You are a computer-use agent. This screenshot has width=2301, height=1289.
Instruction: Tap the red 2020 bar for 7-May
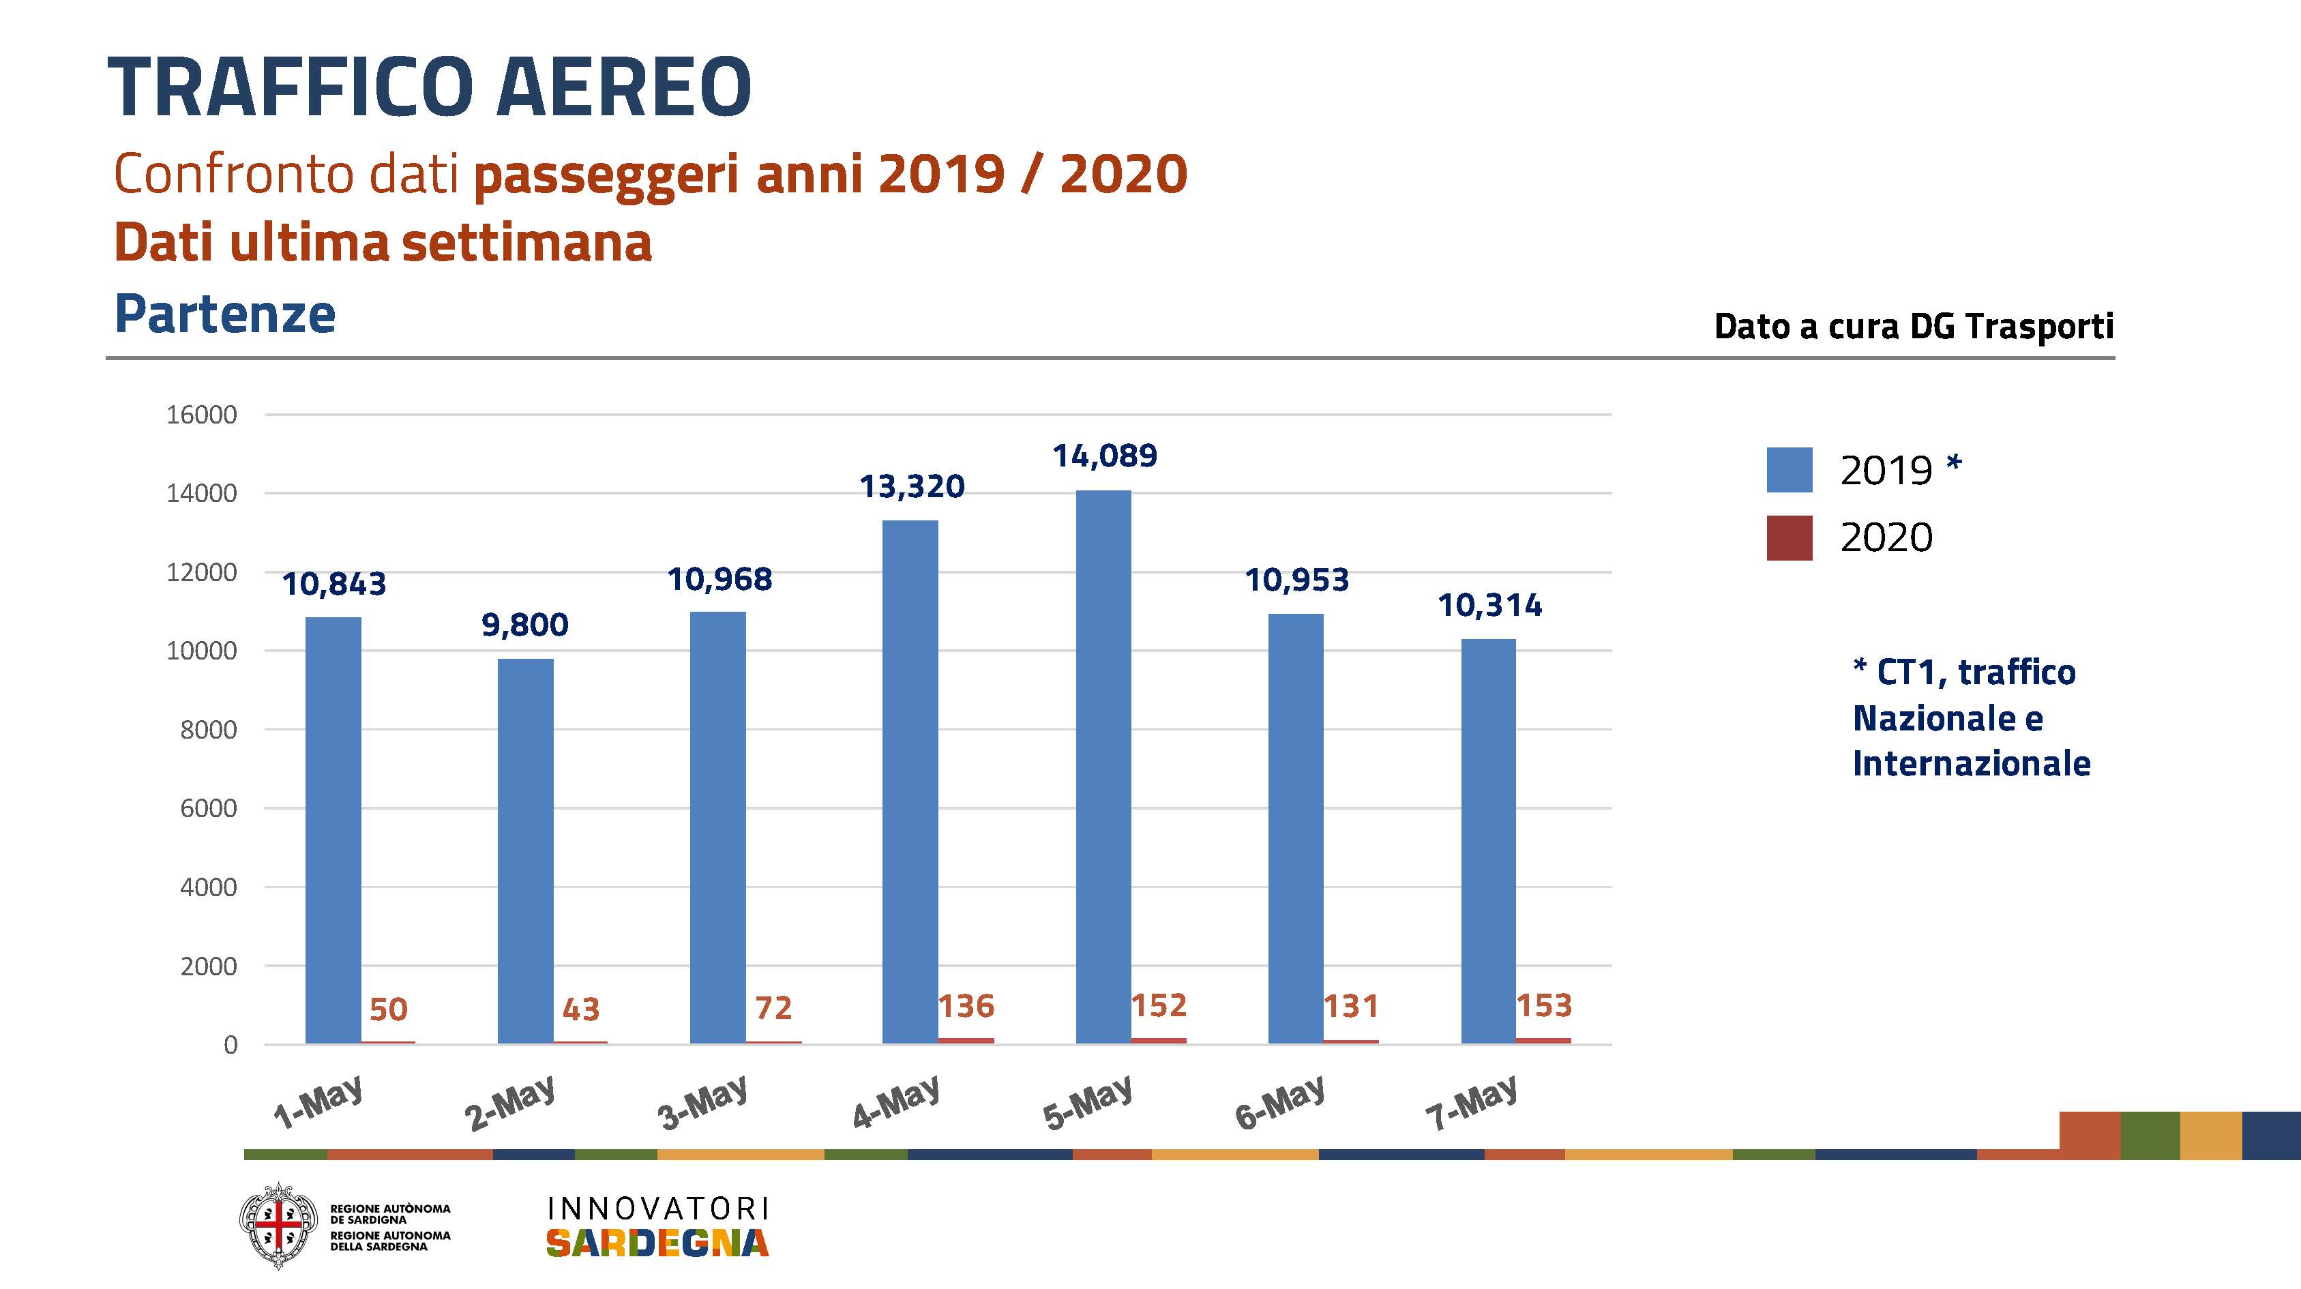coord(1543,1040)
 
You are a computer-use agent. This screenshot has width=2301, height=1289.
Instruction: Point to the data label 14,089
coord(1105,456)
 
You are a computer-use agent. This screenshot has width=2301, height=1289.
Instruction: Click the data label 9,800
coord(525,625)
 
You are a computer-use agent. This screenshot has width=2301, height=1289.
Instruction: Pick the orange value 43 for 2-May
coord(580,1009)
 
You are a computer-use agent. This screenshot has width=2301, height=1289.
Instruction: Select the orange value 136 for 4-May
coord(966,1007)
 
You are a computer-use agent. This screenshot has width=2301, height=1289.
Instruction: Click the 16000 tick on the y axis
coord(202,415)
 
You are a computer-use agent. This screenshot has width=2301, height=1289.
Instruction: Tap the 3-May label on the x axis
coord(702,1103)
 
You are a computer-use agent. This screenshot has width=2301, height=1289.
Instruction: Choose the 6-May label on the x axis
coord(1279,1103)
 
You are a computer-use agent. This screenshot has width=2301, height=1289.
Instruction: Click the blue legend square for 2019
coord(1789,470)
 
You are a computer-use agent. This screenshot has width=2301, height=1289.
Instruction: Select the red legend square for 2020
coord(1789,537)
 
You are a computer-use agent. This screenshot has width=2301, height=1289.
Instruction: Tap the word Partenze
coord(225,314)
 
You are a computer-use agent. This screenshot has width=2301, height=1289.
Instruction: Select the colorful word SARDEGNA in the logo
coord(657,1243)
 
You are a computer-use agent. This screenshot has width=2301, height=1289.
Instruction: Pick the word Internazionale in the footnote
coord(1972,764)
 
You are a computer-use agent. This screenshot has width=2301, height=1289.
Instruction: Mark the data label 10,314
coord(1489,606)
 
